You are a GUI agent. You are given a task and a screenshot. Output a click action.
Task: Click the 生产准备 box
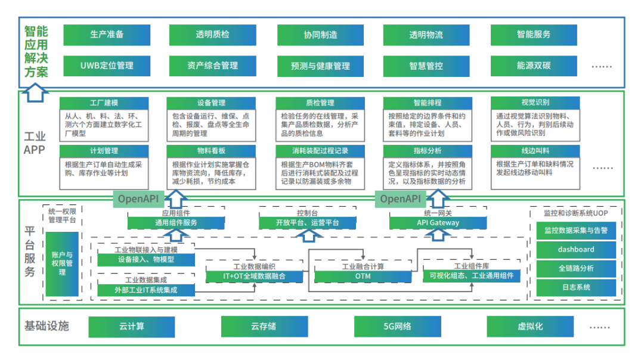pos(107,35)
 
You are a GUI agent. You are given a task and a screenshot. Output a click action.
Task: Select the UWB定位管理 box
pos(107,66)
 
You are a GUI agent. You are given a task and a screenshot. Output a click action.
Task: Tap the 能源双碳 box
pos(534,66)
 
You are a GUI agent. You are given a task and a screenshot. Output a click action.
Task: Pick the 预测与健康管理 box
pos(320,66)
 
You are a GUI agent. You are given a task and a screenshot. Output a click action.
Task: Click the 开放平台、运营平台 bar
pos(308,223)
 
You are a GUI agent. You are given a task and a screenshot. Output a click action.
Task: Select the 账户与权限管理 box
pos(62,263)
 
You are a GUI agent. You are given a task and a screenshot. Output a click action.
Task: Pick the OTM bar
pos(363,276)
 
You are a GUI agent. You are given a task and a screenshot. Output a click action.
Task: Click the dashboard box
pos(576,249)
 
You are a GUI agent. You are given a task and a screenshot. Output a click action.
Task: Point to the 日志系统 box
pos(576,287)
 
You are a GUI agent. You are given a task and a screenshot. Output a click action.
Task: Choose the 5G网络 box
pos(397,327)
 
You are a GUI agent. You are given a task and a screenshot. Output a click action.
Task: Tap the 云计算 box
pos(132,327)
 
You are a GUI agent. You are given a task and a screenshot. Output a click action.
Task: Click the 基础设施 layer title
pos(47,326)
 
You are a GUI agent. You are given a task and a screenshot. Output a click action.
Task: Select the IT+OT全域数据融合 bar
pos(254,276)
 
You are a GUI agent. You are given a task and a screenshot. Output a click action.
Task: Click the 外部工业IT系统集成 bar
pos(146,290)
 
